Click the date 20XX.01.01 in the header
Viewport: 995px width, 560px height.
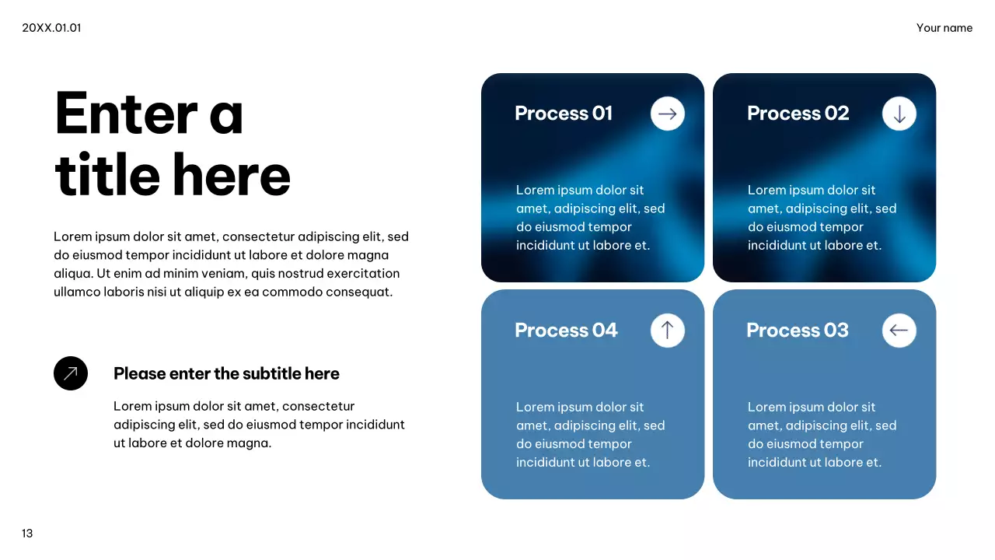tap(51, 28)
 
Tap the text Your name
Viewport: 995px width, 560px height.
tap(944, 28)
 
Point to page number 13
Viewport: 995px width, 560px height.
tap(27, 534)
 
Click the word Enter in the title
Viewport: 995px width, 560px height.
tap(126, 113)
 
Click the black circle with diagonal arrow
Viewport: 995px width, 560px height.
tap(71, 373)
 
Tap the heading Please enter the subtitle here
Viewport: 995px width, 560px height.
tap(226, 374)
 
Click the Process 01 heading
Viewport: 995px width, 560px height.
tap(564, 114)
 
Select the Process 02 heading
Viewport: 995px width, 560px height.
tap(798, 114)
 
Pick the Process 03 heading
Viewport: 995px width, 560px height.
tap(798, 331)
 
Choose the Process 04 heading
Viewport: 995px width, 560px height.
tap(567, 331)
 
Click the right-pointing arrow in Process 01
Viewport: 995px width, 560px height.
tap(667, 114)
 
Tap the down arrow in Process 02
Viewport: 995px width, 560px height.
tap(899, 114)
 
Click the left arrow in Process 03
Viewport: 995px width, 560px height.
tap(899, 331)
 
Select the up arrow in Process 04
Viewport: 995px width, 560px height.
tap(667, 331)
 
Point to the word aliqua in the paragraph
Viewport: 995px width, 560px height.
tap(73, 274)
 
